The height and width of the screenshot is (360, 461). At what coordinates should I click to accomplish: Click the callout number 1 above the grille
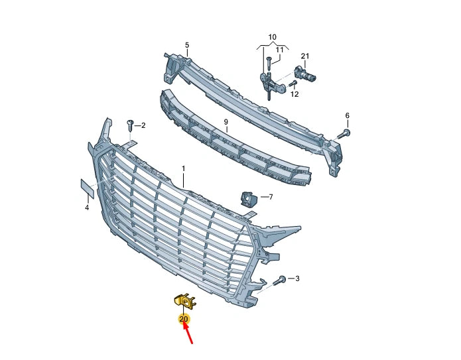point(184,169)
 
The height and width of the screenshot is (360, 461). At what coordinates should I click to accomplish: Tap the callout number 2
point(143,126)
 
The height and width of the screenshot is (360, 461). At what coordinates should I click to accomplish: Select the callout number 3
point(297,278)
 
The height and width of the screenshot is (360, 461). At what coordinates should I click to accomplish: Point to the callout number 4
point(87,208)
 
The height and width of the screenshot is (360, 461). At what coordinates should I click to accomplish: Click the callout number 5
point(187,45)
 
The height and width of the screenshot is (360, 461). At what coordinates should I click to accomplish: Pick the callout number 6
point(347,115)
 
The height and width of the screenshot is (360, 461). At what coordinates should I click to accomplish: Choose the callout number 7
point(271,197)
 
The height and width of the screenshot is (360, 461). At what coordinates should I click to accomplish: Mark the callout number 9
point(226,122)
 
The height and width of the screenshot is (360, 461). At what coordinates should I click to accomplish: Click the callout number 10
point(273,37)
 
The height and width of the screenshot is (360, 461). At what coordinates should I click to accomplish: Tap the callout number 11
point(280,50)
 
